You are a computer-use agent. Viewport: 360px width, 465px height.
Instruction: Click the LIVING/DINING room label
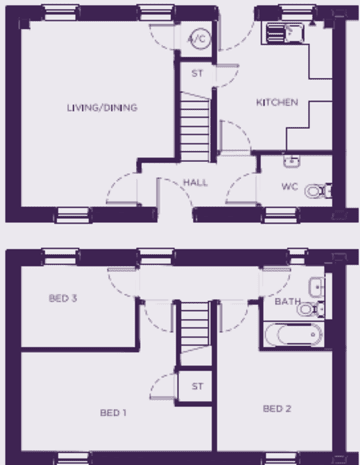[x=102, y=108]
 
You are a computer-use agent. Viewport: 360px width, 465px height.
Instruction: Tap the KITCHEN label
[x=277, y=102]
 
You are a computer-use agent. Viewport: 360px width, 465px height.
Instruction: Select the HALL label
[x=195, y=183]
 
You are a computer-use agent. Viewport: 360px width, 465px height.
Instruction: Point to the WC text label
[x=290, y=186]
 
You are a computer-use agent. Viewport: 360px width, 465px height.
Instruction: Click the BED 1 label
[x=113, y=413]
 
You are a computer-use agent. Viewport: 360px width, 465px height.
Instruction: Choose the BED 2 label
[x=277, y=409]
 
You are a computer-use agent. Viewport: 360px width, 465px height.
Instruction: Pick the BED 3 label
[x=63, y=298]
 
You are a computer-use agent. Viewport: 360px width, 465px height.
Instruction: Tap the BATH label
[x=287, y=302]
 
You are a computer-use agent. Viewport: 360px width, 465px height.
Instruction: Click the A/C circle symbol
[x=201, y=39]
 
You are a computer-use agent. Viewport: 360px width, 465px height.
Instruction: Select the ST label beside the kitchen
[x=197, y=73]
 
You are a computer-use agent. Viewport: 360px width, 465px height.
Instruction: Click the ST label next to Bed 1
[x=197, y=386]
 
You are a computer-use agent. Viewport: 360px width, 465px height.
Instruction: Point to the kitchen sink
[x=285, y=32]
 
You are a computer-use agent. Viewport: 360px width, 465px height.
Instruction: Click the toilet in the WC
[x=318, y=191]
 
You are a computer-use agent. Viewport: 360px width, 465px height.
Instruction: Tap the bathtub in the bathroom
[x=293, y=334]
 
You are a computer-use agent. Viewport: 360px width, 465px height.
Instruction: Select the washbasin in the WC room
[x=292, y=161]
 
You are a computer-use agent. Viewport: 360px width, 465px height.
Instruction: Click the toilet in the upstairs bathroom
[x=311, y=309]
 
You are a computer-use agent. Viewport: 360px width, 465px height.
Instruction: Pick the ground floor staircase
[x=195, y=127]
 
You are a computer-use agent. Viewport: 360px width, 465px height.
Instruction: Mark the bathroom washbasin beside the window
[x=317, y=287]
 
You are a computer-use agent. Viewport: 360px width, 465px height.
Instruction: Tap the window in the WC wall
[x=280, y=215]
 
